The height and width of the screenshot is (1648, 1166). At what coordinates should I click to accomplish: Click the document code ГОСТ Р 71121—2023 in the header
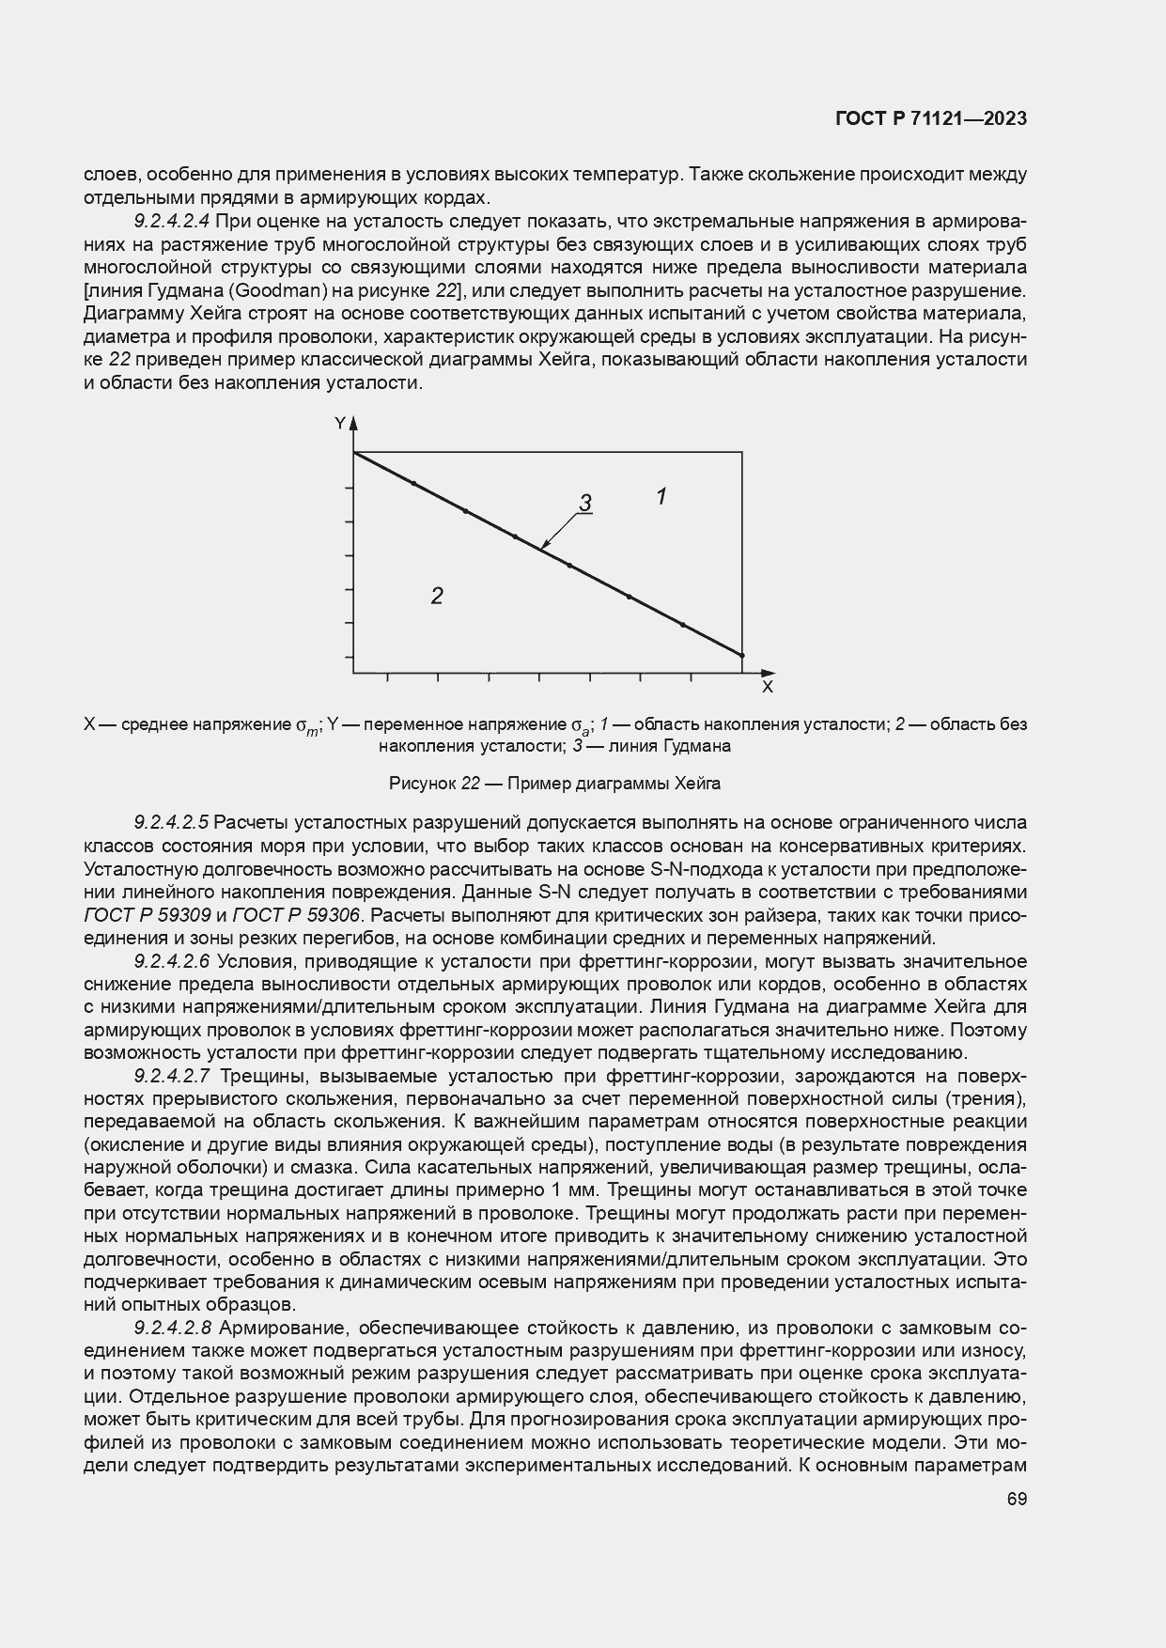[x=930, y=119]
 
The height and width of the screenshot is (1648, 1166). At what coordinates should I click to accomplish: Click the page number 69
[x=1017, y=1500]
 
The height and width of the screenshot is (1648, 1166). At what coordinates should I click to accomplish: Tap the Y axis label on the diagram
[x=340, y=424]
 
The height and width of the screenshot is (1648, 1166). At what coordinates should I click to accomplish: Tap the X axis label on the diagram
[x=767, y=688]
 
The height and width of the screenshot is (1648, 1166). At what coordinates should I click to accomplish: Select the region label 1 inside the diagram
[x=661, y=496]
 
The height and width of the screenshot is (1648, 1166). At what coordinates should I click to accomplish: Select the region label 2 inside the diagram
[x=437, y=596]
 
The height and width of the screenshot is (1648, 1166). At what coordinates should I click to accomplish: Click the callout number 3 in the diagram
[x=584, y=504]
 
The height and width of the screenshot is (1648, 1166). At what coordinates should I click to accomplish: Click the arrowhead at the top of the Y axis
[x=354, y=425]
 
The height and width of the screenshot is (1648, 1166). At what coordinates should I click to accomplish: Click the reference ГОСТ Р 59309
[x=147, y=915]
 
